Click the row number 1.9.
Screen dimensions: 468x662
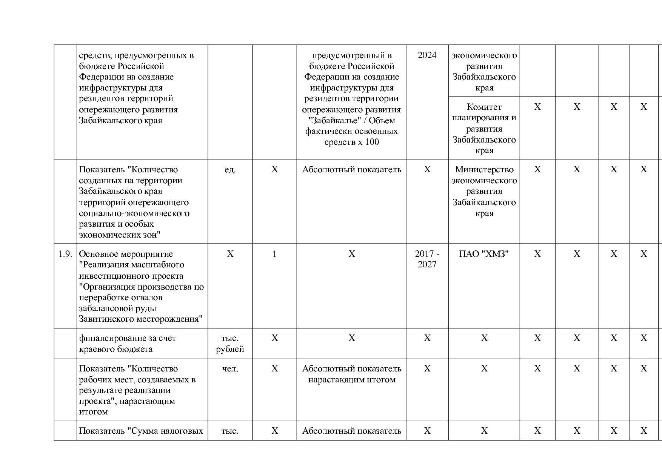coord(65,254)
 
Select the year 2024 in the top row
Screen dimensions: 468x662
coord(427,55)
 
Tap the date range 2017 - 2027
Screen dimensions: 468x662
coord(427,259)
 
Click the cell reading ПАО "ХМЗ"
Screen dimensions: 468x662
coord(484,254)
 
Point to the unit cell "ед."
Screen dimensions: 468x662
coord(230,170)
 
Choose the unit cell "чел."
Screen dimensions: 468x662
coord(230,369)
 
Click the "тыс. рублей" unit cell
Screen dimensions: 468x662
coord(230,344)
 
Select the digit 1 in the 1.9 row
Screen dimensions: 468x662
coord(274,254)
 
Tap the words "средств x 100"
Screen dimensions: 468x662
coord(351,142)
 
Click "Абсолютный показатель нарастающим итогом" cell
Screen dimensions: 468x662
coord(351,374)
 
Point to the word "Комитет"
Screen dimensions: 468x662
coord(484,107)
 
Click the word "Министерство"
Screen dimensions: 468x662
coord(484,170)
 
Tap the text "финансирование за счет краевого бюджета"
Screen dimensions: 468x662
coord(127,344)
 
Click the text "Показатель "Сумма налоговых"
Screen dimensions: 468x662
coord(141,431)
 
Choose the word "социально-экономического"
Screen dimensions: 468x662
coord(134,213)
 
